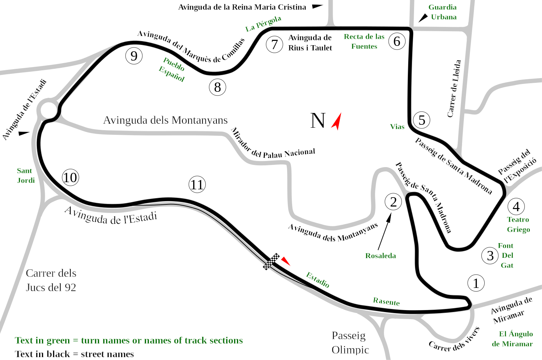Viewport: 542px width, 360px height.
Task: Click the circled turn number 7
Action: click(274, 44)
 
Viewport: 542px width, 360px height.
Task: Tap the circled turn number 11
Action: click(197, 184)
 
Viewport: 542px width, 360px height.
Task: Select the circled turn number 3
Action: click(490, 255)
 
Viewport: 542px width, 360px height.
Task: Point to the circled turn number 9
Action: click(134, 56)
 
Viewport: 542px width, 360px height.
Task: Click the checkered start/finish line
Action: click(271, 261)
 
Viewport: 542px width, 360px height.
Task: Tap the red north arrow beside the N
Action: click(337, 121)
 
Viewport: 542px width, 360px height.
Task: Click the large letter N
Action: click(318, 120)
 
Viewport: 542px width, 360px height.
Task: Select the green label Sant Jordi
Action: click(26, 176)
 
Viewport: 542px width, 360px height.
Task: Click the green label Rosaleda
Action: click(380, 256)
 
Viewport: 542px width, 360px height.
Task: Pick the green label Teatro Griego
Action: click(518, 224)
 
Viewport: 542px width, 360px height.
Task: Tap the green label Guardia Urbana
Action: click(443, 12)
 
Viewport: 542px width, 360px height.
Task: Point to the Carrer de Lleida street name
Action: click(454, 89)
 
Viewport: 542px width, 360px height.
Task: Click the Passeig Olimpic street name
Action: click(350, 342)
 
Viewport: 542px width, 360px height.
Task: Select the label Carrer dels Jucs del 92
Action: click(51, 280)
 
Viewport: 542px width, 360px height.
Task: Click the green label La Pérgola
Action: click(263, 24)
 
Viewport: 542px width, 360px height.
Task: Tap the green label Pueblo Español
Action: click(172, 70)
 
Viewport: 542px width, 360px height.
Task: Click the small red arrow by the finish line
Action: click(285, 261)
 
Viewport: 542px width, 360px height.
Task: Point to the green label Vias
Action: click(397, 127)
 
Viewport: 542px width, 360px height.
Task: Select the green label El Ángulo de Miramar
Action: click(513, 339)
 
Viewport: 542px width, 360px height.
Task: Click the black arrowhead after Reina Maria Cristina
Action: click(317, 6)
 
